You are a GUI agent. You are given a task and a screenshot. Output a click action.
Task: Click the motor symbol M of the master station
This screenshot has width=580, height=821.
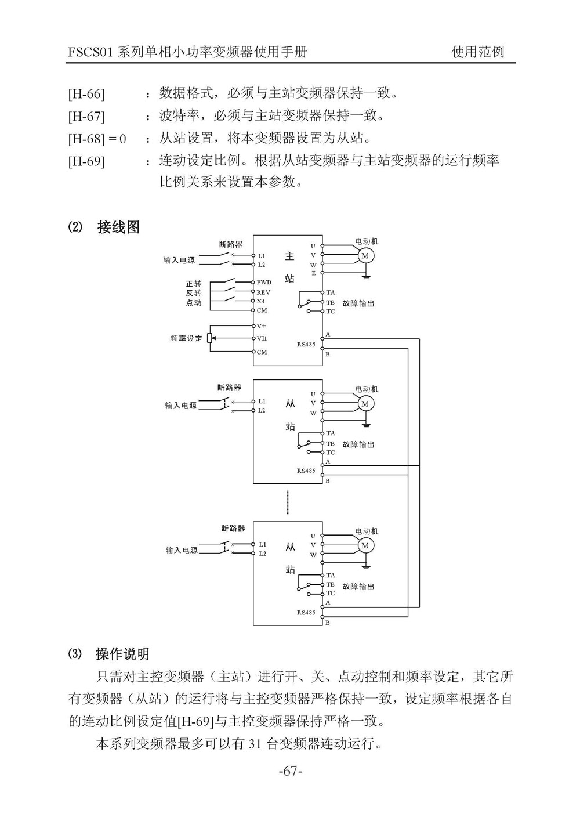[x=365, y=255]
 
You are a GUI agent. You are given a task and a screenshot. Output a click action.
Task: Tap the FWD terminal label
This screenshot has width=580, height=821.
[x=264, y=282]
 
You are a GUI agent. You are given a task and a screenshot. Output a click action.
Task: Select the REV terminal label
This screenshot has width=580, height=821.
[x=263, y=292]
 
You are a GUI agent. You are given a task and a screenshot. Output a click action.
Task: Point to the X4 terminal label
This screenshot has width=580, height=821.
[x=261, y=301]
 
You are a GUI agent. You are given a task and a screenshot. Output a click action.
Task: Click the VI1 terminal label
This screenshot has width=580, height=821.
[x=262, y=338]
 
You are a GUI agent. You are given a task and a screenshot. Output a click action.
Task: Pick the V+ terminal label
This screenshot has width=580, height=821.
[x=262, y=326]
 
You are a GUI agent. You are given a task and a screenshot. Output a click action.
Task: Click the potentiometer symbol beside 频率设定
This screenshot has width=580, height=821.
[x=210, y=338]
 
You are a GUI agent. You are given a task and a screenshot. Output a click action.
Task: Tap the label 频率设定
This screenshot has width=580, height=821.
[x=186, y=338]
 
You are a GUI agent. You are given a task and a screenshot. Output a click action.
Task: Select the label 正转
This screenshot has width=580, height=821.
[x=194, y=283]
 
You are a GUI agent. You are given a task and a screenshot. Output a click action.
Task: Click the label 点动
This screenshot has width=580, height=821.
[x=194, y=303]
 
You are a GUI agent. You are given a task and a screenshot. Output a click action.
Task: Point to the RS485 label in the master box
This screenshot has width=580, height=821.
[x=306, y=345]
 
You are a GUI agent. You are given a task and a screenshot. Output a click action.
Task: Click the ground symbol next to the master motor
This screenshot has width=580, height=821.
[x=365, y=276]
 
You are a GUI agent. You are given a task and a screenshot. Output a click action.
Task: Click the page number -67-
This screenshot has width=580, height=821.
[x=290, y=772]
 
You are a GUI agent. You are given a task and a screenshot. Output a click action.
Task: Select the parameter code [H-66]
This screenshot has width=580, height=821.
[x=86, y=95]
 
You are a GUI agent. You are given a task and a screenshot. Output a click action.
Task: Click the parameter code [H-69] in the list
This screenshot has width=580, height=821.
[x=86, y=161]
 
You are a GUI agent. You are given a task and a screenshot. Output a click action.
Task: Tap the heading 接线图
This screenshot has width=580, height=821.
[x=118, y=227]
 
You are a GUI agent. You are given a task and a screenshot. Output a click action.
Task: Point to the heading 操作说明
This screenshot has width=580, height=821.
[x=122, y=654]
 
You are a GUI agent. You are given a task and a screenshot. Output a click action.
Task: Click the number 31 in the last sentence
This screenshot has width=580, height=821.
[x=254, y=744]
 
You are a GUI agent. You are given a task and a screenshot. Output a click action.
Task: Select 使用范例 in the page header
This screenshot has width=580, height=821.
[x=478, y=52]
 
